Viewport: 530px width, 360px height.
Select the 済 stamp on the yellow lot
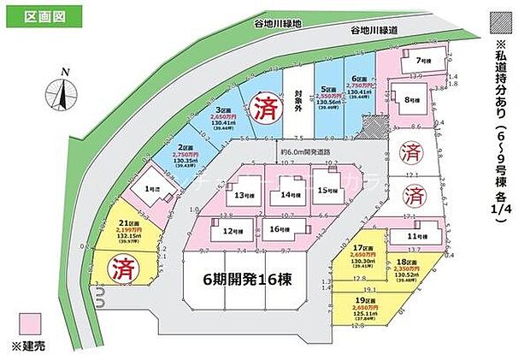tap(118, 269)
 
